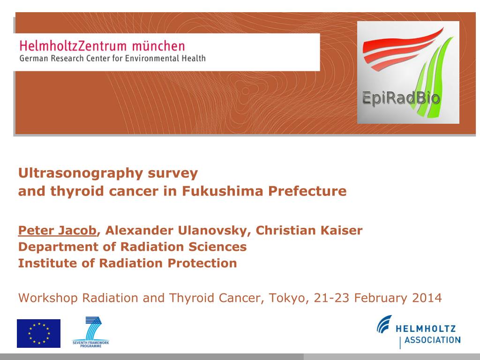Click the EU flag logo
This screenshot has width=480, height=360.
tap(38, 333)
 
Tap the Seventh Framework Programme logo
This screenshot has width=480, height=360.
tap(90, 332)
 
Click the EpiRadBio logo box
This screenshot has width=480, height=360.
tap(408, 73)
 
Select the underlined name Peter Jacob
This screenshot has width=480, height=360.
tap(57, 231)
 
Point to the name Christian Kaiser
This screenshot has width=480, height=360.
tap(309, 231)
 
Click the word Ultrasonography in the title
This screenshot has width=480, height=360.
tap(81, 173)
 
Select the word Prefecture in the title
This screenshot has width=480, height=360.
tap(307, 191)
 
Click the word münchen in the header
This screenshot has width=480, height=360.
tap(158, 46)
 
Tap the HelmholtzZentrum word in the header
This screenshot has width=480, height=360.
tap(73, 46)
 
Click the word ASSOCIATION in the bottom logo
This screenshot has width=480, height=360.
tap(432, 340)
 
